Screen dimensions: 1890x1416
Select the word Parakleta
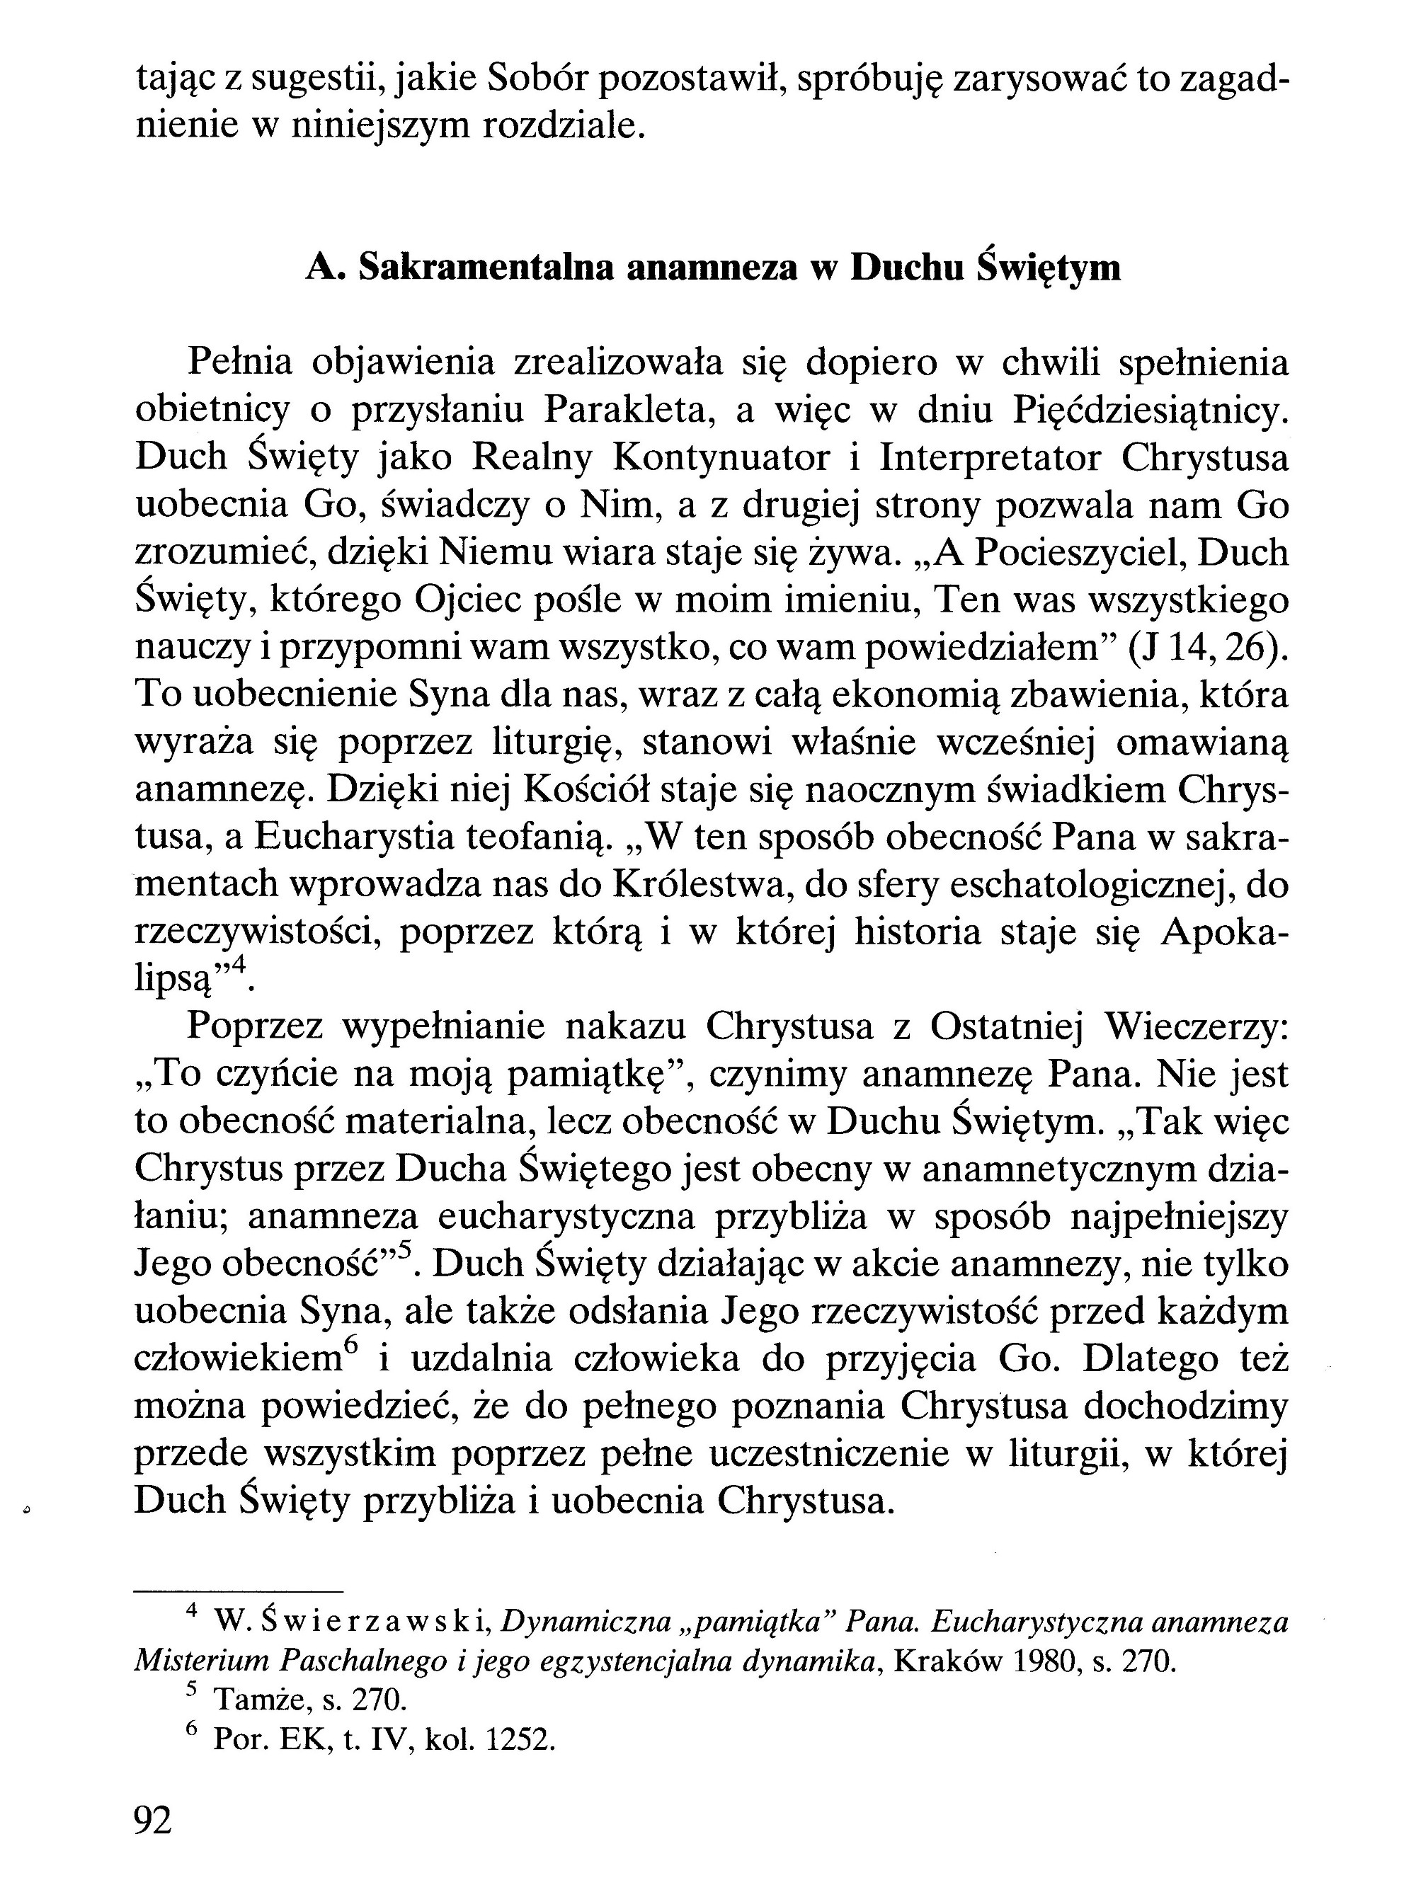tap(632, 412)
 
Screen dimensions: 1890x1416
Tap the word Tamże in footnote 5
tap(253, 1702)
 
